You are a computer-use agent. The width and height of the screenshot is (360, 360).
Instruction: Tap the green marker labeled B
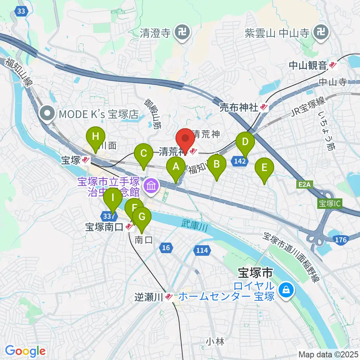coord(217,164)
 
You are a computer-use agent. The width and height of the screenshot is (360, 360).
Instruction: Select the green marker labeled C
coord(143,154)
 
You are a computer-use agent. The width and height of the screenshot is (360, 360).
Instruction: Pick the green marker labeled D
coord(245,143)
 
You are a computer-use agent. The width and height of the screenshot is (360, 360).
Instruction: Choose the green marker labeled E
coord(264,168)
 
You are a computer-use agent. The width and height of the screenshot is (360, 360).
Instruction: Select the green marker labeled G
coord(141,217)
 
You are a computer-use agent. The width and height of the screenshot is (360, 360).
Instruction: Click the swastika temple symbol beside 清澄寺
coord(183,34)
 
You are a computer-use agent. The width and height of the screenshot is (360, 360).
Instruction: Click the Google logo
coord(25,351)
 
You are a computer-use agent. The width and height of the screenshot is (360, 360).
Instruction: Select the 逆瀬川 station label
coord(149,297)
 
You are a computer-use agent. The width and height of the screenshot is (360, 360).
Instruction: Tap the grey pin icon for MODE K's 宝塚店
coord(47,113)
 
